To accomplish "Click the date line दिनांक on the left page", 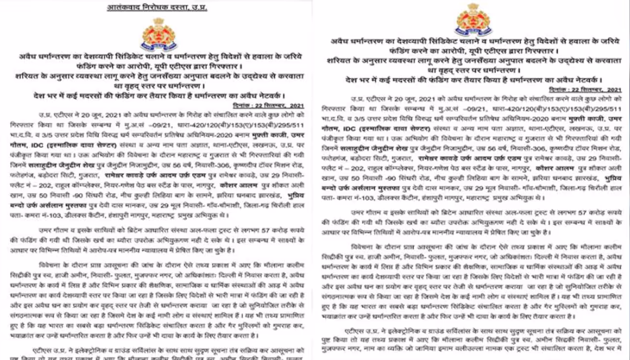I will pos(270,106).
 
